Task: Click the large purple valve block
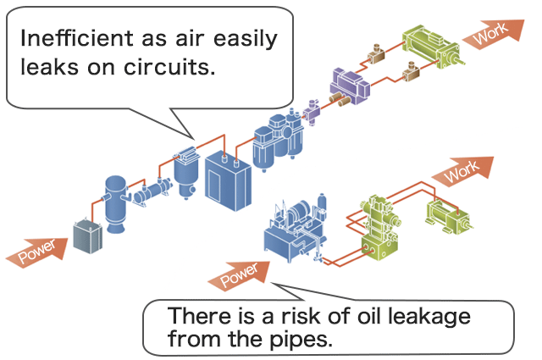tap(348, 85)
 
